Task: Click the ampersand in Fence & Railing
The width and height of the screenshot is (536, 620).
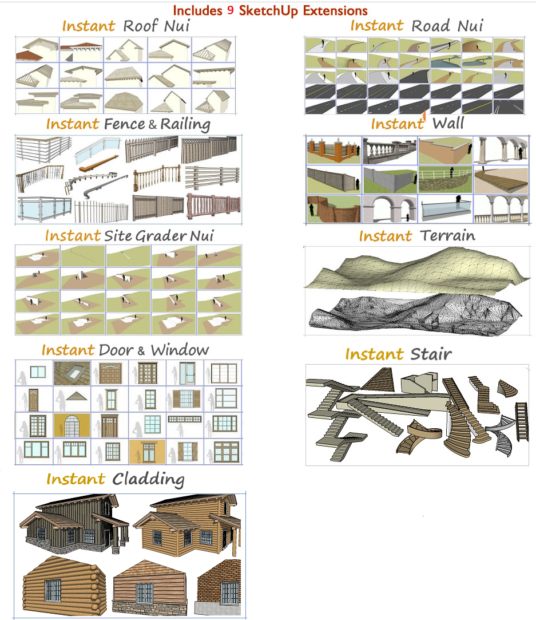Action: coord(153,125)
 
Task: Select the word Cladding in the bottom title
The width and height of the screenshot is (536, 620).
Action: coord(148,479)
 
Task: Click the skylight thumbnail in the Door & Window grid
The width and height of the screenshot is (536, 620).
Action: coord(72,373)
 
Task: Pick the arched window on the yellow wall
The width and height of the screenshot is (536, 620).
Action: coord(72,425)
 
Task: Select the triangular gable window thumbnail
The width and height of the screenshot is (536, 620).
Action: coord(72,398)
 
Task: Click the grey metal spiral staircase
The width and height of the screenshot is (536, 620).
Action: coord(502,438)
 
